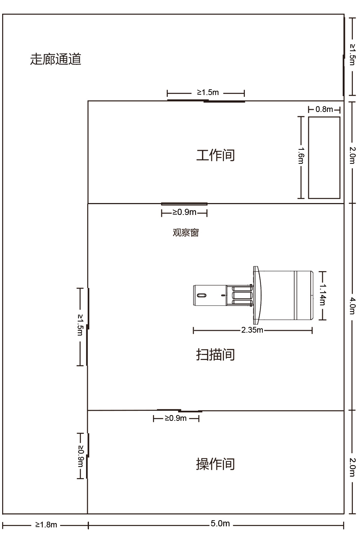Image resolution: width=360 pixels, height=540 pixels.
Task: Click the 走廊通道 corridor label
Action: click(x=55, y=59)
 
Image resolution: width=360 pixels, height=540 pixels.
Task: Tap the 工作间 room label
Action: click(x=215, y=155)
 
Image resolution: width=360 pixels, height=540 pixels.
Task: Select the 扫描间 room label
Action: click(x=215, y=354)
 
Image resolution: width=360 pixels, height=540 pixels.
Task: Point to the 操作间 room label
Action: click(x=215, y=464)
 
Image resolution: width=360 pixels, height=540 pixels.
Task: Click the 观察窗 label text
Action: click(x=186, y=233)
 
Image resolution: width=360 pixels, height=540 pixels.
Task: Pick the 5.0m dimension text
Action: click(x=220, y=523)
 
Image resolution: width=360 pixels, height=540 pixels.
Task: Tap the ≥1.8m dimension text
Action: click(x=46, y=525)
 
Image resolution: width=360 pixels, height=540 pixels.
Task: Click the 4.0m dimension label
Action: click(x=352, y=306)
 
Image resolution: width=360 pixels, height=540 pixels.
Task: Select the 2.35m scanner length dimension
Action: click(x=252, y=330)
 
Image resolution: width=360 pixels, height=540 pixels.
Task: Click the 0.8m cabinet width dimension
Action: click(x=324, y=109)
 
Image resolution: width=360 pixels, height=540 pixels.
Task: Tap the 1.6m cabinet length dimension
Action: click(x=301, y=156)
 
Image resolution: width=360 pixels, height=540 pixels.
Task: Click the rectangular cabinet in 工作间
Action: click(x=324, y=158)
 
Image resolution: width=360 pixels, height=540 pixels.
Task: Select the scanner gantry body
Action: click(x=283, y=295)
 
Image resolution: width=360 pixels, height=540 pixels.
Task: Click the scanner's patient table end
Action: click(x=210, y=295)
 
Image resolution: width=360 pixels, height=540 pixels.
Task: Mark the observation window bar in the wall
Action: click(x=184, y=204)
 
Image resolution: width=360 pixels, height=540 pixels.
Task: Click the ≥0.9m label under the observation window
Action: click(x=184, y=212)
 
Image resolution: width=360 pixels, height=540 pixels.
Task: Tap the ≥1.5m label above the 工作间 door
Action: click(x=208, y=92)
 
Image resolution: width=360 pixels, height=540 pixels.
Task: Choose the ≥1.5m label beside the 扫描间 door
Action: click(x=80, y=325)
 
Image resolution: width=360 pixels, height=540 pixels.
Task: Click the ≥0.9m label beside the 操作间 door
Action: click(x=81, y=456)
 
